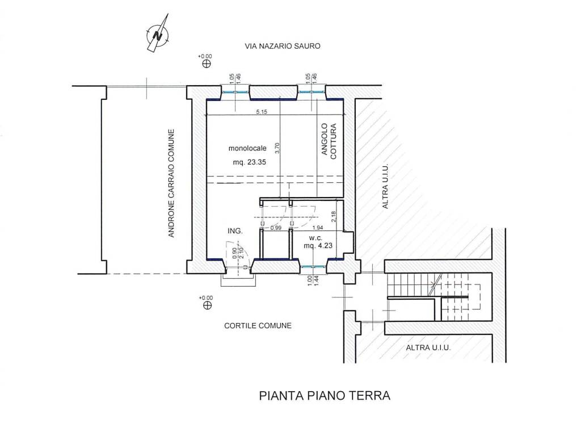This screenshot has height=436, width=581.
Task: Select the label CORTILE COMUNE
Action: pos(258,326)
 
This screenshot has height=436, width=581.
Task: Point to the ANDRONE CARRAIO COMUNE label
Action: pos(171,183)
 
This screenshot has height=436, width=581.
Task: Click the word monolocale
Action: pos(247,149)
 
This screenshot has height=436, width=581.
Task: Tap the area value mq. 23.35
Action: pos(250,162)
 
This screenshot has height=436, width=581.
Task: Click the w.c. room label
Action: pos(316,237)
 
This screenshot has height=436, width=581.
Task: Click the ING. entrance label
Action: pos(235,231)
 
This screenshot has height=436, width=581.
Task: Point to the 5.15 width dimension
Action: pos(262,112)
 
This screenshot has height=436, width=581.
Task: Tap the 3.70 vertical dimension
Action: pos(277,149)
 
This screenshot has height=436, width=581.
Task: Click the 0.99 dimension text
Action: pos(276,228)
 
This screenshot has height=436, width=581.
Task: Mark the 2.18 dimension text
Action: pos(332,216)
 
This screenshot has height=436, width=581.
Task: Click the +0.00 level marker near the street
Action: pos(205,60)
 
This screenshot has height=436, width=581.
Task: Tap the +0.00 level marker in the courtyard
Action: pos(207,302)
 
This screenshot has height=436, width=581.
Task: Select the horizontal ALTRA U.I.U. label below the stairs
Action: pos(428,348)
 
